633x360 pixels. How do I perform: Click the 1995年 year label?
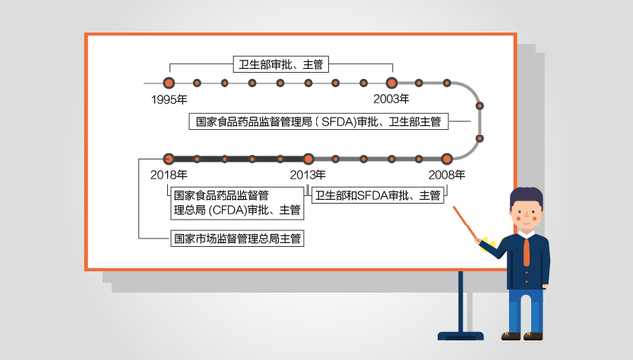(169, 99)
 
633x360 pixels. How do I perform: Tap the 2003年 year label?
(391, 99)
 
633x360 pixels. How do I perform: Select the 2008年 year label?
(447, 175)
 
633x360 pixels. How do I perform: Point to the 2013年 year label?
(308, 175)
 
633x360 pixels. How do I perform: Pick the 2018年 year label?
(169, 175)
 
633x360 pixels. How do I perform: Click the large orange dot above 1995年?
(169, 82)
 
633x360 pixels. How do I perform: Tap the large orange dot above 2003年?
(391, 82)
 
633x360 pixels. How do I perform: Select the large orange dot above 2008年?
(447, 158)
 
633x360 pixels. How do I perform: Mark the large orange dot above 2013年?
(308, 158)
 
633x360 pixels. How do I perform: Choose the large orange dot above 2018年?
(169, 158)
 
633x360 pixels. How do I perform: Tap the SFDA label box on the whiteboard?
(317, 121)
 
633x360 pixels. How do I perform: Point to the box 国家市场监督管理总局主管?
(237, 238)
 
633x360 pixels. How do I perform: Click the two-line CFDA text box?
(237, 201)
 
